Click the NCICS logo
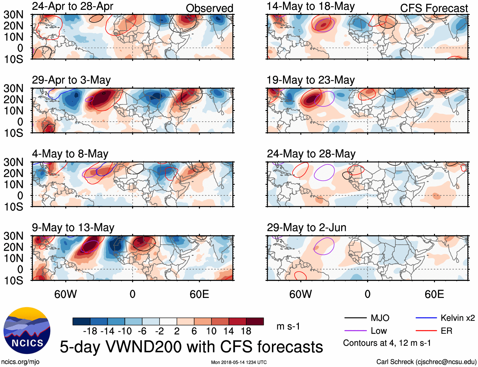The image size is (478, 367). click(27, 331)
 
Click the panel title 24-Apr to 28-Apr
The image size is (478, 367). click(72, 6)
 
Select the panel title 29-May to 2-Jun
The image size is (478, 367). click(306, 228)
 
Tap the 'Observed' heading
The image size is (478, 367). click(209, 8)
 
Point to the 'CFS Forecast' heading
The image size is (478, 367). click(434, 8)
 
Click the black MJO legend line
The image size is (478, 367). click(355, 318)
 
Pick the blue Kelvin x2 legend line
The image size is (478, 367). click(426, 318)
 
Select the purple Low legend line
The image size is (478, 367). click(355, 331)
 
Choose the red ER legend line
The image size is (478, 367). click(426, 331)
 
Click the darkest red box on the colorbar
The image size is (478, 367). click(255, 321)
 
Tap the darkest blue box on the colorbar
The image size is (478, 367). click(81, 321)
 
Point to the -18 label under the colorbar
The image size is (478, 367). click(90, 331)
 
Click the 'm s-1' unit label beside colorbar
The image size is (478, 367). click(288, 326)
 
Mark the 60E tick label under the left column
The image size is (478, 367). click(199, 294)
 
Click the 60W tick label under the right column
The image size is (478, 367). click(300, 294)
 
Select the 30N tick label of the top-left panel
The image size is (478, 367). click(14, 15)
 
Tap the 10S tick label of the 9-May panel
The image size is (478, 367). click(14, 280)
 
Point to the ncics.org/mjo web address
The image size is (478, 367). click(20, 362)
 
